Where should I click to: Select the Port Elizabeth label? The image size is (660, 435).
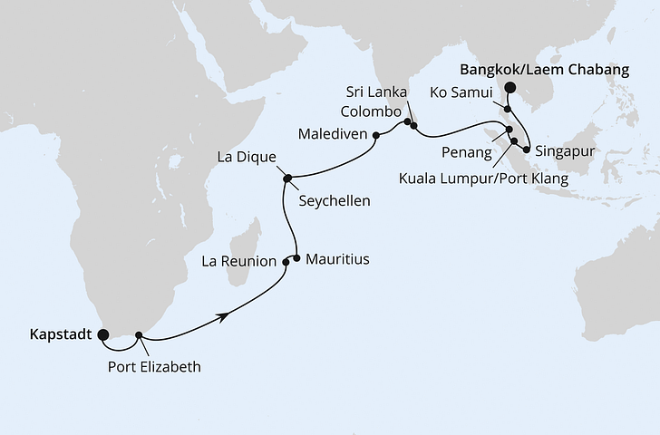coord(153,367)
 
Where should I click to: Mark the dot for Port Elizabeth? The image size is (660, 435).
coord(139,335)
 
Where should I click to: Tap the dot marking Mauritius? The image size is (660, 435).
coord(296,257)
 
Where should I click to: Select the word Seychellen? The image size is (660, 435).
coord(334,200)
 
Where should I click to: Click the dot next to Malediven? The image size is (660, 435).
coord(375,135)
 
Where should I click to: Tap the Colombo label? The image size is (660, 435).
coord(368,111)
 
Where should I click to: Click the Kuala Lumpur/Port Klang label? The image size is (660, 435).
coord(483,179)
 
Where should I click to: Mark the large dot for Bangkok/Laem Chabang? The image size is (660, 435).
coord(510,88)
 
